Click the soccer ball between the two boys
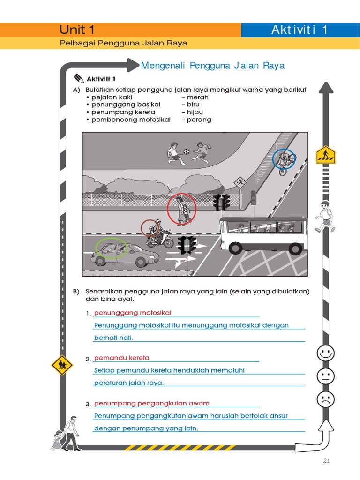click(x=187, y=151)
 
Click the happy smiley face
click(x=325, y=353)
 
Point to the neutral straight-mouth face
click(x=325, y=376)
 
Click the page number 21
click(x=327, y=461)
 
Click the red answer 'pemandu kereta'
click(x=122, y=358)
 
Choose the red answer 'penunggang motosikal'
click(x=133, y=313)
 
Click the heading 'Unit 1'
click(x=77, y=30)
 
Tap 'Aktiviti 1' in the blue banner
click(x=300, y=30)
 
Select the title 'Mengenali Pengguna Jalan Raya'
click(x=213, y=66)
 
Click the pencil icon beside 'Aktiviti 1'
click(x=78, y=78)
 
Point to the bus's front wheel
click(x=235, y=247)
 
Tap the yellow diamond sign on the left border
click(x=61, y=365)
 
